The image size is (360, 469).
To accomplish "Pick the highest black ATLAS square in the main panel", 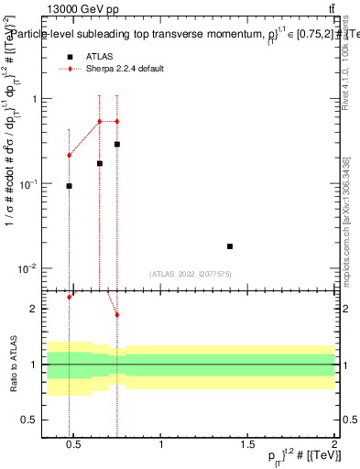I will point(117,144).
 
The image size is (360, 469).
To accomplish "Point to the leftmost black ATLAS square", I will point(69,186).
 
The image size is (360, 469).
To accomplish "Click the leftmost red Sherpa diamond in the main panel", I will point(69,155).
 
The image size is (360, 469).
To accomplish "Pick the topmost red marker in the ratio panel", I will point(69,297).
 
